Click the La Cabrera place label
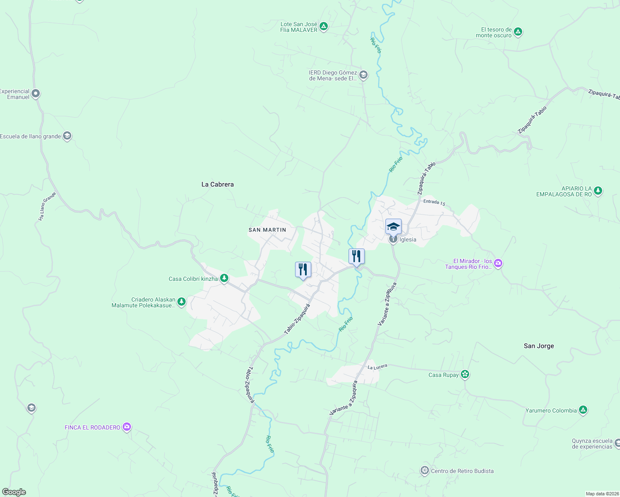click(x=218, y=184)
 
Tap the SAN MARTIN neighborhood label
click(x=267, y=230)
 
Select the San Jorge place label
click(x=539, y=346)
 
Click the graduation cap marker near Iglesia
click(x=393, y=227)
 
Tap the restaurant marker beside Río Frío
click(x=356, y=256)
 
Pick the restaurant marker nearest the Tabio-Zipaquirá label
click(x=303, y=270)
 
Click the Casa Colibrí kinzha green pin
click(x=224, y=278)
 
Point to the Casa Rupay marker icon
click(x=465, y=374)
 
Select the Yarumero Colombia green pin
click(x=583, y=410)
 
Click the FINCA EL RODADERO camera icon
click(x=127, y=427)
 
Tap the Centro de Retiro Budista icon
click(x=424, y=470)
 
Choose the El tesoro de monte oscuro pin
click(x=518, y=31)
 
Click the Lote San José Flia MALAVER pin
click(x=324, y=27)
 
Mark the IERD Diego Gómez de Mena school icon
click(x=363, y=75)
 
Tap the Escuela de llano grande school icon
click(x=67, y=136)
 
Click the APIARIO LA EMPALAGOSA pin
click(x=598, y=191)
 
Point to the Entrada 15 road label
click(x=434, y=202)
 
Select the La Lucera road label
click(x=377, y=367)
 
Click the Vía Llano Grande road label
click(x=47, y=206)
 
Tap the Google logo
click(x=14, y=492)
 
